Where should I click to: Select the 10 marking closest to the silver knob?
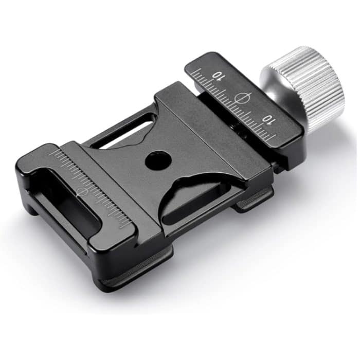click(x=268, y=119)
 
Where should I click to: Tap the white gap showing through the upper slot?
click(x=126, y=135)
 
